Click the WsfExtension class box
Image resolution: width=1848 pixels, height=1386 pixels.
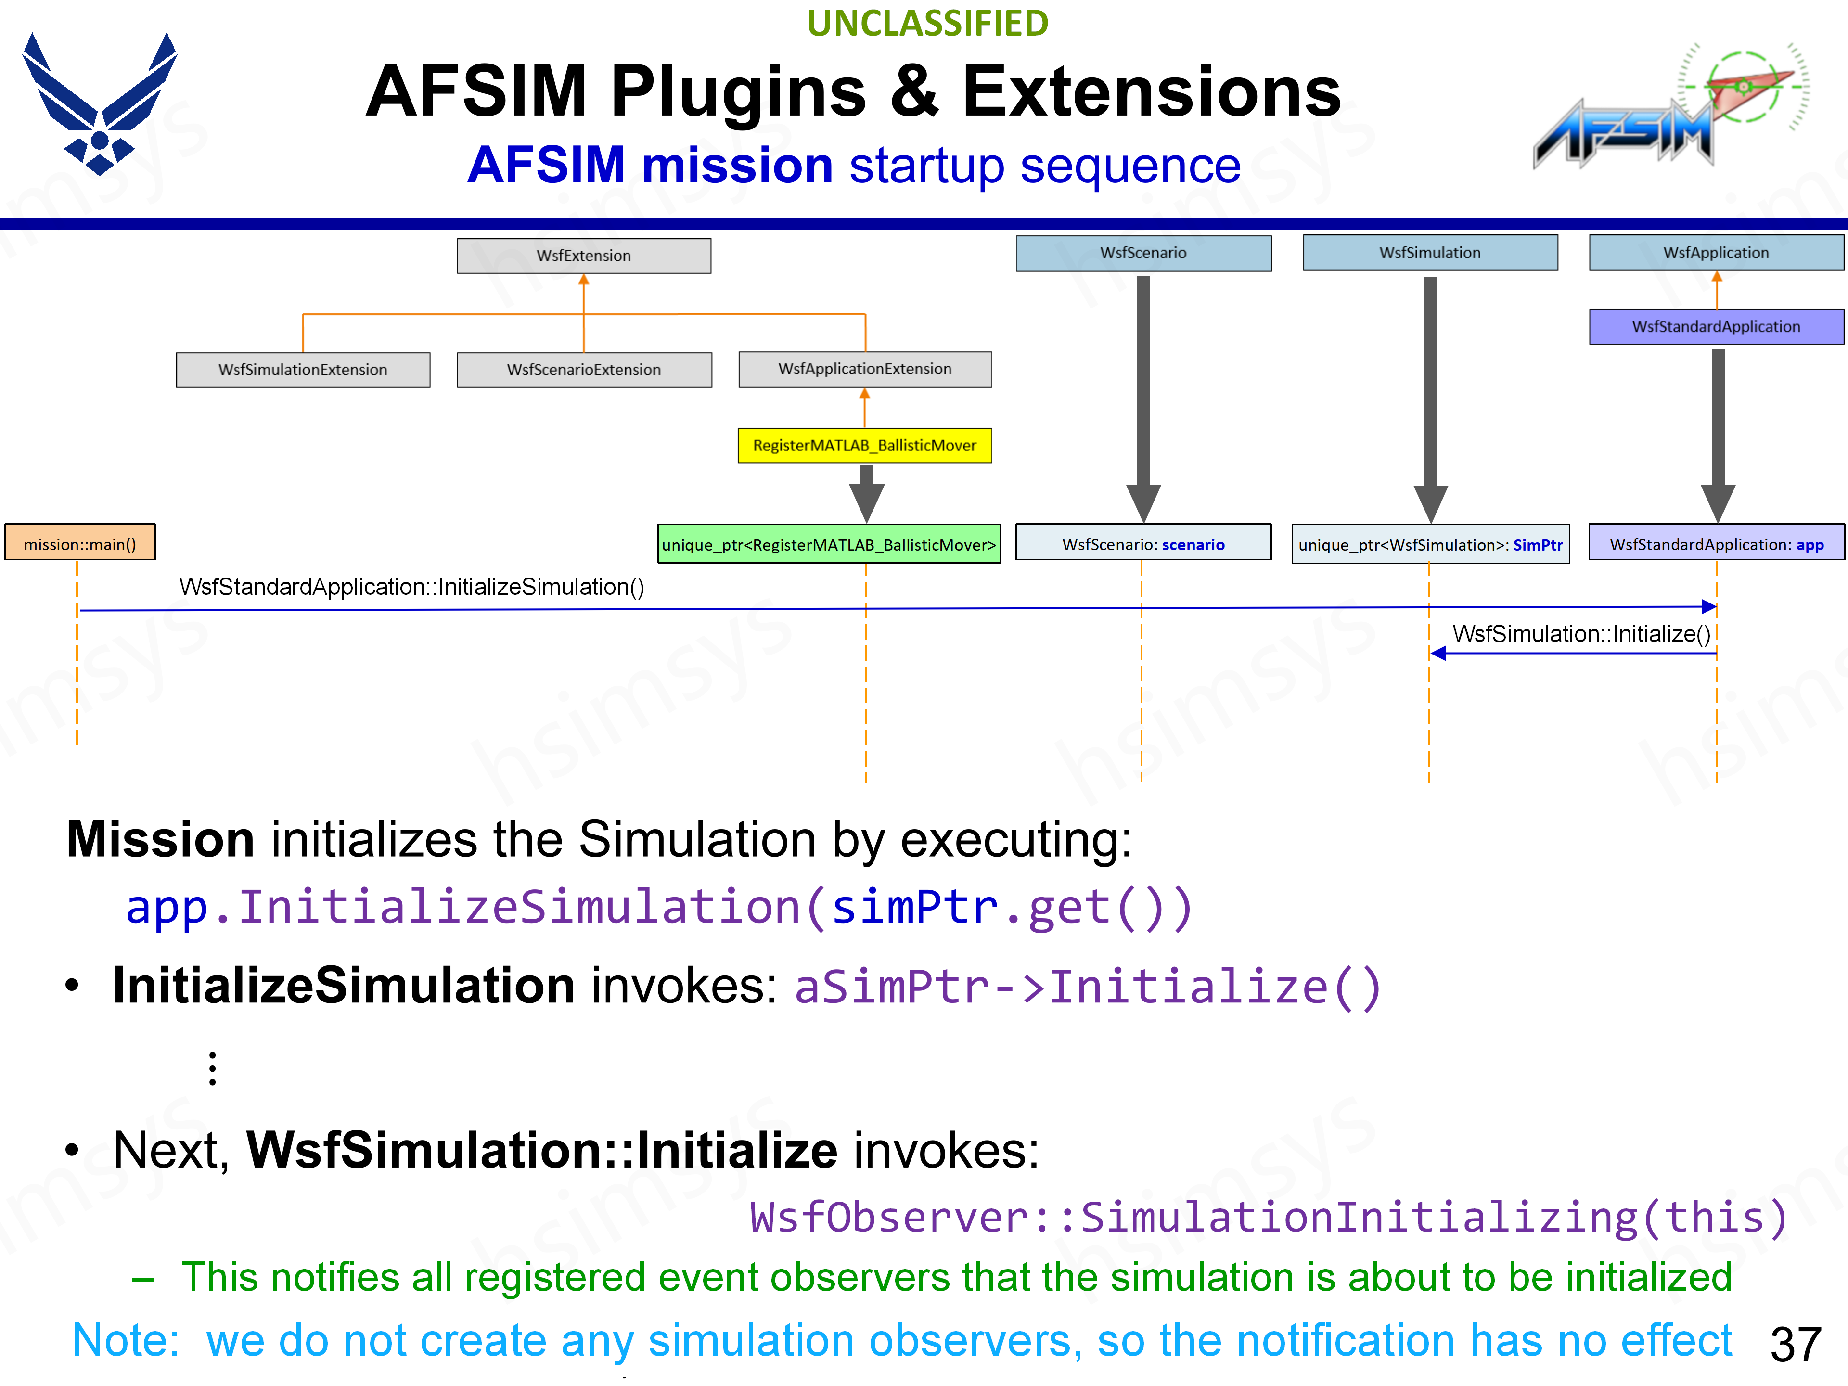click(x=583, y=256)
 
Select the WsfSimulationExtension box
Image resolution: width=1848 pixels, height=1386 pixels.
click(x=302, y=369)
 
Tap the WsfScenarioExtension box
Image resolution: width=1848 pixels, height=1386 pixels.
click(x=583, y=369)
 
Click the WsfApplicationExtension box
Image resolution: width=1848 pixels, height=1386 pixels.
click(x=865, y=369)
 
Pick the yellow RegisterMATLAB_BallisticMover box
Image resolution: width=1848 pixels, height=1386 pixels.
click(x=865, y=445)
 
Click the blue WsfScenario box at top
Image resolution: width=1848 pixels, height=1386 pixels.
click(x=1143, y=252)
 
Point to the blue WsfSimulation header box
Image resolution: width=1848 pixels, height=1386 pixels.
click(x=1429, y=252)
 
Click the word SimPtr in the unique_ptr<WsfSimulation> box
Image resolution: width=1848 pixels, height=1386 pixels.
click(x=1537, y=545)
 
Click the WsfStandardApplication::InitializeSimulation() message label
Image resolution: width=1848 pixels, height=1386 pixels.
click(x=411, y=587)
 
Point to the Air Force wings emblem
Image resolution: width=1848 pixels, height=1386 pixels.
click(x=100, y=103)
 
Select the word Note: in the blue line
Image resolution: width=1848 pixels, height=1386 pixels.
click(x=125, y=1341)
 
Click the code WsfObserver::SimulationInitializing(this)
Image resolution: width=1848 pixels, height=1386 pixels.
click(x=1268, y=1217)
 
